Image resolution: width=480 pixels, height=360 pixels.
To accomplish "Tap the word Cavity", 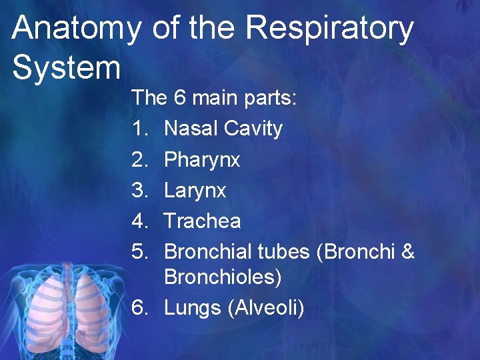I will pos(253,129).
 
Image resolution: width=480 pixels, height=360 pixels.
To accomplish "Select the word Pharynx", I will pos(202,160).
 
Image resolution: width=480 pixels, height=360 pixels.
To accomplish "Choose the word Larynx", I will pos(195,191).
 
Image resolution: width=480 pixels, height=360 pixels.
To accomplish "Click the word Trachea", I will pos(202,221).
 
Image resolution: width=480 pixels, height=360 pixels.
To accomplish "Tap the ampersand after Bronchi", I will pos(409,252).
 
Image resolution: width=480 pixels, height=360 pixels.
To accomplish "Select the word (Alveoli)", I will pos(265,308).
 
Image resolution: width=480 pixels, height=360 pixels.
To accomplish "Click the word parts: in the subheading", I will pos(277,99).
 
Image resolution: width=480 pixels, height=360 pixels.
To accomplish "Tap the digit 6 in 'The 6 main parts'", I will pos(179,98).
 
